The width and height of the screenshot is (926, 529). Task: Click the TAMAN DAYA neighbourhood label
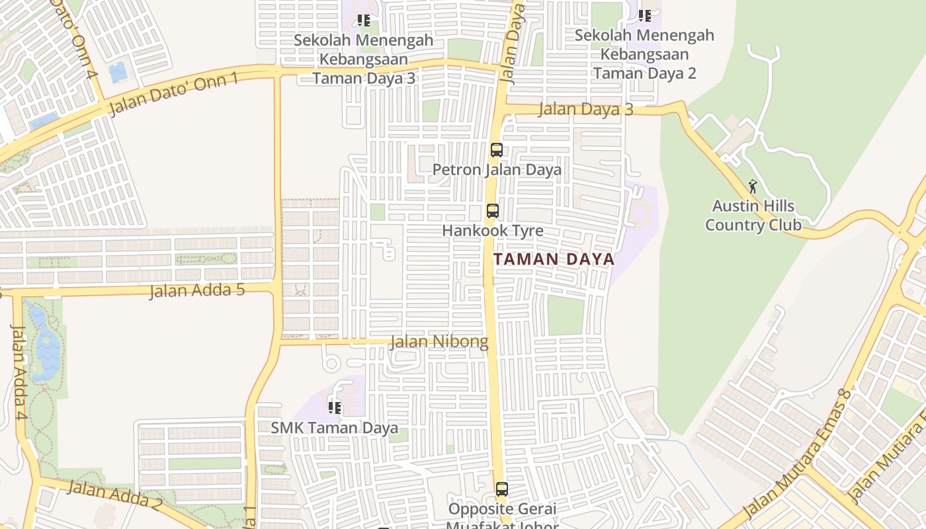coord(554,259)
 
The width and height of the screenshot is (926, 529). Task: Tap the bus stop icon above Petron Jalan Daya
coord(497,150)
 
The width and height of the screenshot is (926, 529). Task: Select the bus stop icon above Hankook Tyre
coord(493,211)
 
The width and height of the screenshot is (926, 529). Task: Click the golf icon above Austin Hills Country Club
coord(753,186)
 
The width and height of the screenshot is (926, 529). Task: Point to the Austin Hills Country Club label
coord(753,216)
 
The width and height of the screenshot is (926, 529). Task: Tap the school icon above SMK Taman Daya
coord(335,407)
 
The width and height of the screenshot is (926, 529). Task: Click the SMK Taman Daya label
coord(334,428)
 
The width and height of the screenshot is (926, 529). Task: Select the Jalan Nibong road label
coord(439,342)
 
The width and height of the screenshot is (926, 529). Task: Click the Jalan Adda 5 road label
coord(197,290)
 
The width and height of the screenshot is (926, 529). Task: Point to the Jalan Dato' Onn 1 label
coord(173,95)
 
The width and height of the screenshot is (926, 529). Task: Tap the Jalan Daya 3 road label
coord(585,109)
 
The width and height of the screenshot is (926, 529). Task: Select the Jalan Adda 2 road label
coord(114,496)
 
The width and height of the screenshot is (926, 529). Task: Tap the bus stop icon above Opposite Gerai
coord(502,489)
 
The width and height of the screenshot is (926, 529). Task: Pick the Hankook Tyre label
coord(493,231)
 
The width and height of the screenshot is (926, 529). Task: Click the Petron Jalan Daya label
coord(497,170)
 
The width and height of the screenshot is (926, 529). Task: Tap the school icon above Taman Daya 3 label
coord(363,20)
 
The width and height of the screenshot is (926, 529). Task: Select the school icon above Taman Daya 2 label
coord(645,15)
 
